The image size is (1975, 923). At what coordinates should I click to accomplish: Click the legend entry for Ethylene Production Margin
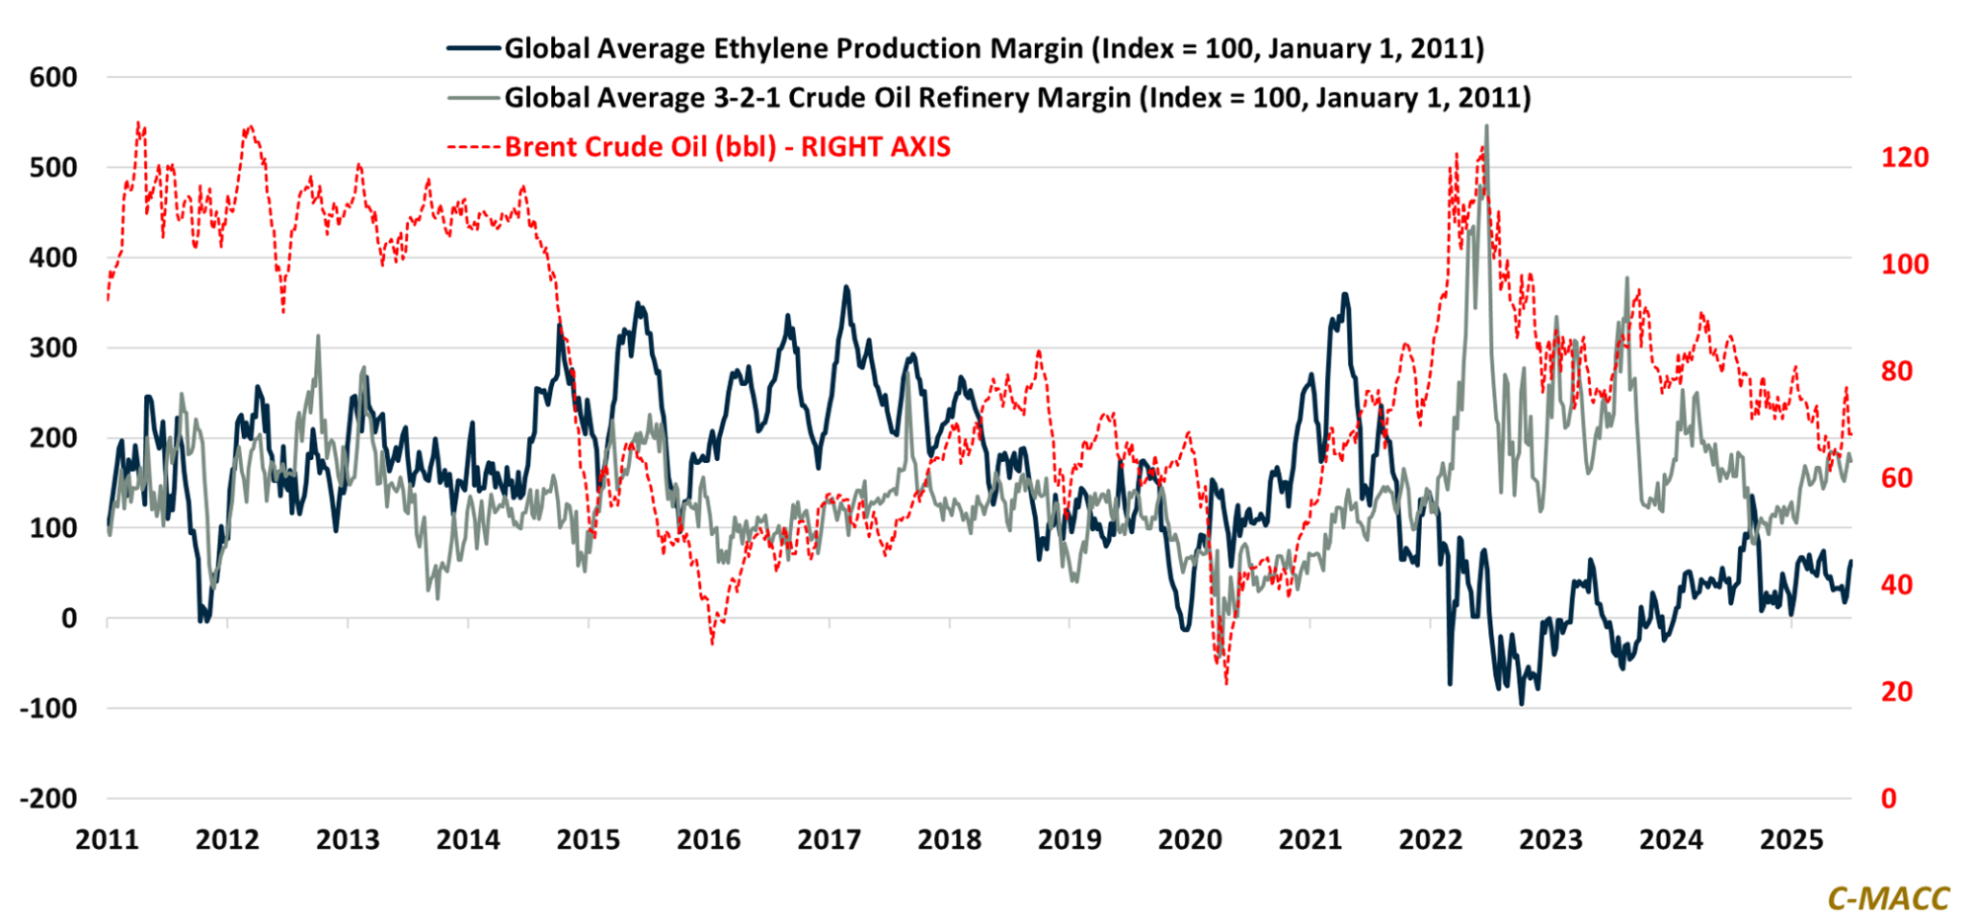pos(993,48)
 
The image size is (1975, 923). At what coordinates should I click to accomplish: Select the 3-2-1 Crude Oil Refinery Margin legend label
pos(1017,98)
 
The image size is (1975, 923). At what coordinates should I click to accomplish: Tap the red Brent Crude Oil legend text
pos(727,147)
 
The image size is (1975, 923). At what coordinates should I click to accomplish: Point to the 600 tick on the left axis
pos(53,77)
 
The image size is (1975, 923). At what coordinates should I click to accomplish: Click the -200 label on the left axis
pos(48,798)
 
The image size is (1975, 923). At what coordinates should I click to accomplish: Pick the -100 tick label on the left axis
pos(48,708)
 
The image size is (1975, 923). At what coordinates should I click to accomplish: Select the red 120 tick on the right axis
pos(1904,158)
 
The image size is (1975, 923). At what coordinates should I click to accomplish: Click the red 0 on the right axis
pos(1889,798)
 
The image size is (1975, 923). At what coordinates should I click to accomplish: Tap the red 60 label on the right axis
pos(1897,478)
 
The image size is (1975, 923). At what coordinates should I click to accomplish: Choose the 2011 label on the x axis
pos(107,840)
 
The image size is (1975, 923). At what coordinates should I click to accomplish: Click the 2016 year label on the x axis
pos(708,840)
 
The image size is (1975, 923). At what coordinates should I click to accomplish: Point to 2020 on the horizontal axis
pos(1190,840)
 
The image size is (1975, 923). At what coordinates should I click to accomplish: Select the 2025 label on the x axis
pos(1791,840)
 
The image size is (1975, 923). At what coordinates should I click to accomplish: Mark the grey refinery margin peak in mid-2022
pos(1487,126)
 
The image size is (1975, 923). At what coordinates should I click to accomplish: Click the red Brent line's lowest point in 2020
pos(1226,683)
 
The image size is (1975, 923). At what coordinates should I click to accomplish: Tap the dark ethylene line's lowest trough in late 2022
pos(1522,704)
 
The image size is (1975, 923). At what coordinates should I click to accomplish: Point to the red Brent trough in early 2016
pos(712,644)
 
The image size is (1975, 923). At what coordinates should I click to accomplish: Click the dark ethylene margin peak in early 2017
pos(846,287)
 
